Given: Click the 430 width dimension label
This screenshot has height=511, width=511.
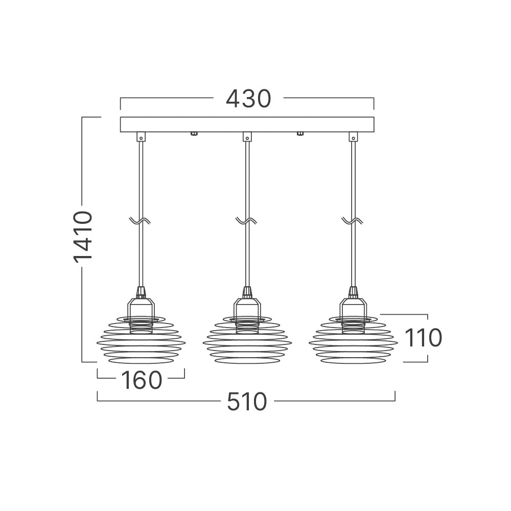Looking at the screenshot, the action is pyautogui.click(x=248, y=99).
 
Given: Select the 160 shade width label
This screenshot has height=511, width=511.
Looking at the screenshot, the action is pyautogui.click(x=142, y=380).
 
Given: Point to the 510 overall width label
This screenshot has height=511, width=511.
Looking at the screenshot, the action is pyautogui.click(x=247, y=402).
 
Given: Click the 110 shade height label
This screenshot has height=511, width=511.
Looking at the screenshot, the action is pyautogui.click(x=423, y=338).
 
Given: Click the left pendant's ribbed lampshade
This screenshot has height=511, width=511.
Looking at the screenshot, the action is pyautogui.click(x=141, y=340).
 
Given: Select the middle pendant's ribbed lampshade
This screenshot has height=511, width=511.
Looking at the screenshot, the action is pyautogui.click(x=247, y=340).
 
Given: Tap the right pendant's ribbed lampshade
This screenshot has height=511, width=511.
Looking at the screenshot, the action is pyautogui.click(x=353, y=340).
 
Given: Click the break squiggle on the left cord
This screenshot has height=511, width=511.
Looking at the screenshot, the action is pyautogui.click(x=140, y=221).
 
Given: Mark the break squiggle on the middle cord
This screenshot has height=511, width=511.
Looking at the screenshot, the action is pyautogui.click(x=246, y=221).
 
